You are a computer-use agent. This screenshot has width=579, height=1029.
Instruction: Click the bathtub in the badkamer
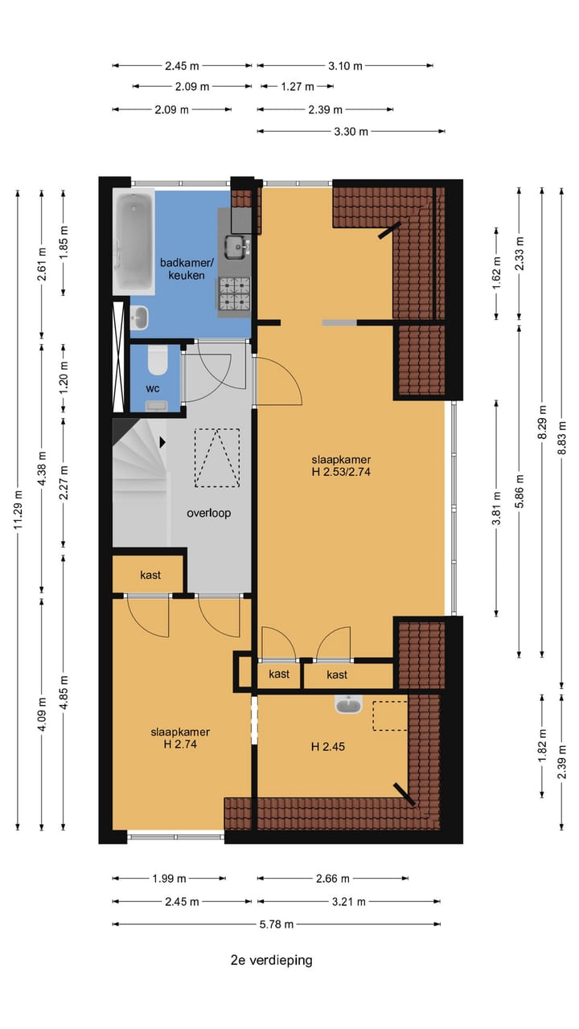(133, 243)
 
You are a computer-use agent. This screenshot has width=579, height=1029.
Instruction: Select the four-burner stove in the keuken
(235, 293)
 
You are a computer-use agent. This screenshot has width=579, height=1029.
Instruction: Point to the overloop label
(208, 513)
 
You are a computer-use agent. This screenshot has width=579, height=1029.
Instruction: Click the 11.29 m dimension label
(18, 510)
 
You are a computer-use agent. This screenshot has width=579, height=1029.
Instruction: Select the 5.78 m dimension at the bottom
(276, 924)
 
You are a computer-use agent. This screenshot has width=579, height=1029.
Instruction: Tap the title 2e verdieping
(272, 960)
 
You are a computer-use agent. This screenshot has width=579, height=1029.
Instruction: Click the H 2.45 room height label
(327, 747)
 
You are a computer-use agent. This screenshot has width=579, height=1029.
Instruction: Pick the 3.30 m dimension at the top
(351, 131)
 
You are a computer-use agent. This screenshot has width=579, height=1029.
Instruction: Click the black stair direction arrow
(162, 442)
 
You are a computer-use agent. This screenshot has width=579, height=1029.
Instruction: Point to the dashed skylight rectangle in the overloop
(217, 457)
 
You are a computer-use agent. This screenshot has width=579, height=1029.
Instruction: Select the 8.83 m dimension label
(561, 438)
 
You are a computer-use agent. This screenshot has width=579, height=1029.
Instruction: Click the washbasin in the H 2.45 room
(349, 704)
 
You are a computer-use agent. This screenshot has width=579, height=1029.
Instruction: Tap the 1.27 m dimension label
(298, 86)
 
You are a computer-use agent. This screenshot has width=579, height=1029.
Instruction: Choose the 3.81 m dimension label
(496, 508)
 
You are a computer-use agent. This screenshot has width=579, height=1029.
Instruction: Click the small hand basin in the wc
(157, 406)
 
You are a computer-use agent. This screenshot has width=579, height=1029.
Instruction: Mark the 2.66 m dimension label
(333, 879)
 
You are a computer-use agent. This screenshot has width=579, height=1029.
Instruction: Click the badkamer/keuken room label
(187, 269)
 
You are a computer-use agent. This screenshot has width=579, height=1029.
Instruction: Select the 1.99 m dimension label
(169, 879)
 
